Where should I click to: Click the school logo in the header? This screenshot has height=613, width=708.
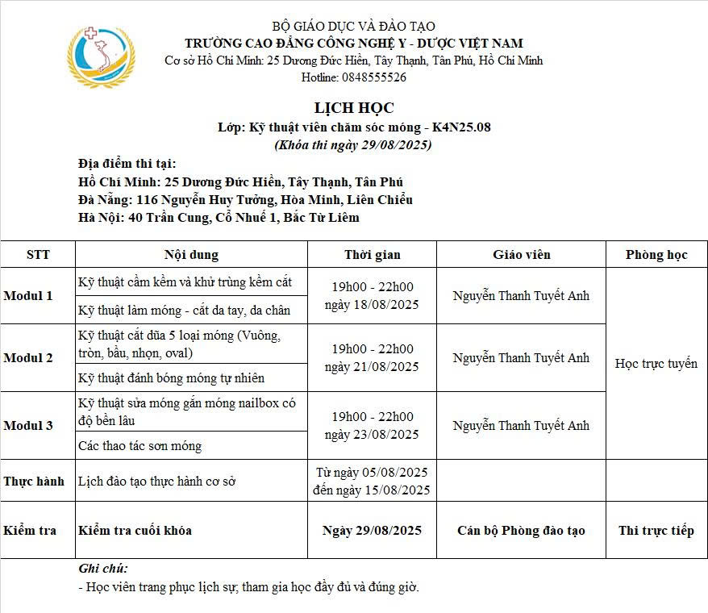pos(102,56)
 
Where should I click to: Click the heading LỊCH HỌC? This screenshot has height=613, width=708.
pos(354,108)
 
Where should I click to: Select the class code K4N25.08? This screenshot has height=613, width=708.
pos(461,127)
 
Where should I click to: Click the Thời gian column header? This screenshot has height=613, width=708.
pos(372,255)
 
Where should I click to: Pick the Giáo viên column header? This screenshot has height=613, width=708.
pos(521,255)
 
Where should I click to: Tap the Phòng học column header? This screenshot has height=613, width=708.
pos(656,255)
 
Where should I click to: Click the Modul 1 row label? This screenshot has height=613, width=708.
pos(28,296)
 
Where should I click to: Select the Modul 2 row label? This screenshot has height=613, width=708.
pos(28,358)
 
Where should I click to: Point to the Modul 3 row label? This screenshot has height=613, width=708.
pos(28,426)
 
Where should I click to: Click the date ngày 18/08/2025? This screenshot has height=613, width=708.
pos(372,305)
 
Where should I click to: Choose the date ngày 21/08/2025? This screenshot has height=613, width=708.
pos(372,367)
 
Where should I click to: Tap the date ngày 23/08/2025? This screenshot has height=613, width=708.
pos(372,435)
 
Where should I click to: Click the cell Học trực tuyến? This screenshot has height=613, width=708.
pos(656,364)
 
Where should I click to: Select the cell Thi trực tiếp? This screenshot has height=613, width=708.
pos(656,531)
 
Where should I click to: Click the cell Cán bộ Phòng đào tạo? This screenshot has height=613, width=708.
pos(521,531)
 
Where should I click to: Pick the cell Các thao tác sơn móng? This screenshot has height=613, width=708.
pos(140,446)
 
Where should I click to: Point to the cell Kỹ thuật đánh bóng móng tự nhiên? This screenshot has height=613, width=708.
pos(171,378)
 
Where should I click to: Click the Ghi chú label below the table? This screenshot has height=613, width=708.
pos(103,569)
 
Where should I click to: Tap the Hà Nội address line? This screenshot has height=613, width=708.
pos(219,217)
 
